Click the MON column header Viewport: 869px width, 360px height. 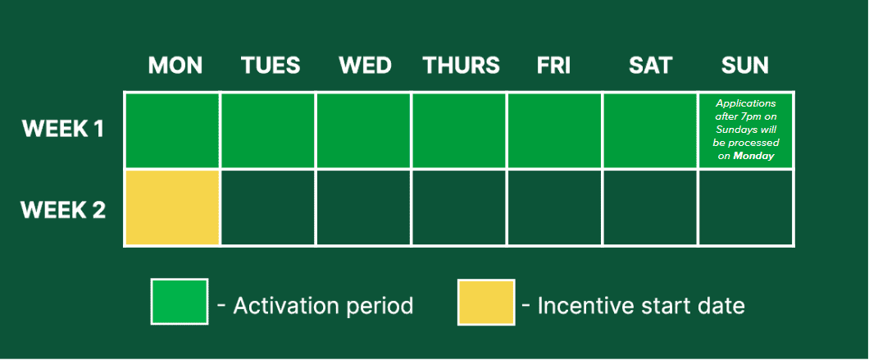click(x=175, y=66)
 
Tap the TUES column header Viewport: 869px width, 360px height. click(x=271, y=66)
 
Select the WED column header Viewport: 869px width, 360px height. click(x=365, y=66)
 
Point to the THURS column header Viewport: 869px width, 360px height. click(x=461, y=66)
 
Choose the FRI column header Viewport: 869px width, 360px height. click(x=553, y=66)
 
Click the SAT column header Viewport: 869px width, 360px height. click(x=650, y=66)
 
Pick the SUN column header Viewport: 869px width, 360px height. click(x=745, y=66)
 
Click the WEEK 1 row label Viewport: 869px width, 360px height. click(x=63, y=130)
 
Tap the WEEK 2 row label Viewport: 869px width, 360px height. click(x=63, y=210)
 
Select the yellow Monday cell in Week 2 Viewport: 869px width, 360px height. click(x=172, y=207)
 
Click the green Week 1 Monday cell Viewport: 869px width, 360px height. click(x=172, y=130)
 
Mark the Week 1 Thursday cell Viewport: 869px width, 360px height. click(x=459, y=130)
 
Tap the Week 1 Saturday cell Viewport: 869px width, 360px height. click(x=650, y=130)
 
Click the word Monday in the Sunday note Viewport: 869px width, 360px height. click(x=753, y=157)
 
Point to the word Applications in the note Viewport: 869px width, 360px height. click(x=746, y=103)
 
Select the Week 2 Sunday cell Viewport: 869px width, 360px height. click(x=746, y=207)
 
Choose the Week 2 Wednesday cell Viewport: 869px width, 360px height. click(x=363, y=207)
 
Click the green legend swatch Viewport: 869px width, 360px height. click(x=180, y=302)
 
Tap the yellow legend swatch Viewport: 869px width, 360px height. click(x=486, y=302)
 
